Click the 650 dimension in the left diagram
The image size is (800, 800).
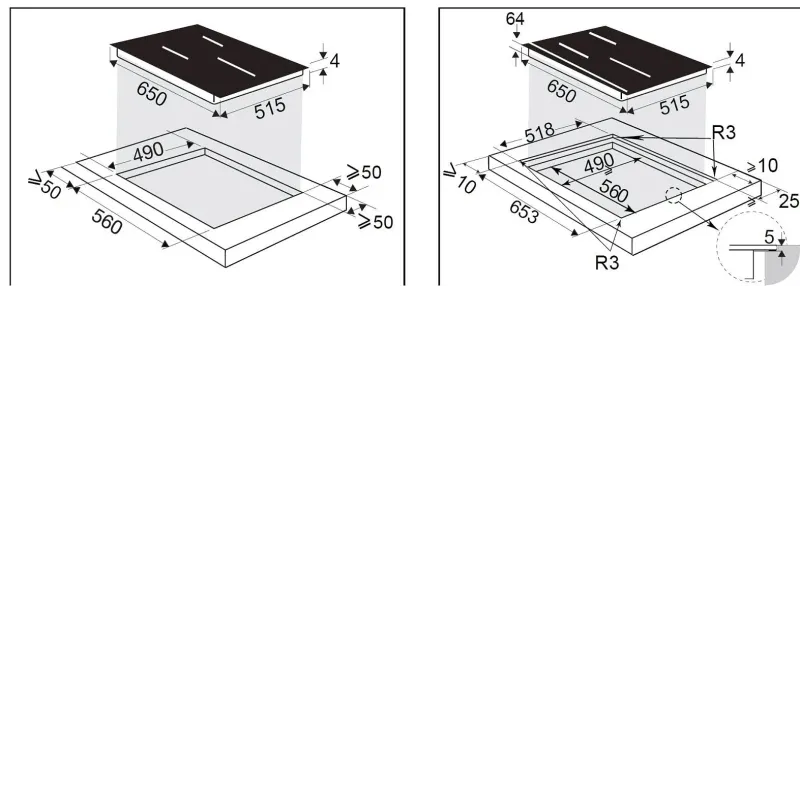[x=152, y=94]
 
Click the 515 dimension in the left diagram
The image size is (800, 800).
[x=270, y=108]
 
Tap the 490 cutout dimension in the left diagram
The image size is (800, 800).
[x=148, y=152]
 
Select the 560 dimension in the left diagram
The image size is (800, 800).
[x=107, y=222]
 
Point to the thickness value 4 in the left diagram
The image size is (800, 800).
[x=334, y=61]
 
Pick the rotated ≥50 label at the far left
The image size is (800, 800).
[x=45, y=185]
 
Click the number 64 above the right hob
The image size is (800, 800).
[x=515, y=19]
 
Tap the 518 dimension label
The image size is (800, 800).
[x=539, y=133]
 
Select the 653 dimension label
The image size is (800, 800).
[x=523, y=211]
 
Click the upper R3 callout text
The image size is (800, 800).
[x=723, y=133]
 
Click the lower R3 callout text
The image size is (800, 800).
[x=607, y=263]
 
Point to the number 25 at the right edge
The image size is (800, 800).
[x=789, y=201]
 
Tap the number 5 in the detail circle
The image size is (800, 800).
[x=769, y=237]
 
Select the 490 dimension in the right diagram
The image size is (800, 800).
[x=599, y=164]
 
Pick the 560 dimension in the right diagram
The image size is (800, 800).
[x=613, y=191]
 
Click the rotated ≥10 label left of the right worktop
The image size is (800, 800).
[x=461, y=179]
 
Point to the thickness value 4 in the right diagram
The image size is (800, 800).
[x=740, y=60]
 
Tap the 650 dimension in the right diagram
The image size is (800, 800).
[x=561, y=91]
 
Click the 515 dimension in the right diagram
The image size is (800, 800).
[x=674, y=105]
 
